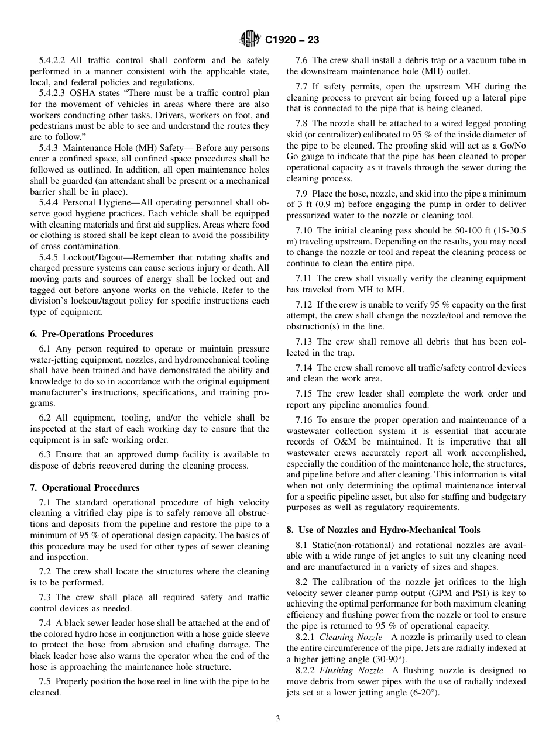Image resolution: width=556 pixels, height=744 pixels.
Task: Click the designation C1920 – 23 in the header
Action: (292, 40)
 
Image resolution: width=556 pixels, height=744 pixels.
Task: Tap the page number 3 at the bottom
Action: (277, 719)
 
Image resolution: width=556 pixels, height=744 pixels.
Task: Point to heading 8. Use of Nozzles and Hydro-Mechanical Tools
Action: (383, 530)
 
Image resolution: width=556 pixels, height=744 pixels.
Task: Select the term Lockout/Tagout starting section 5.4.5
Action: (88, 257)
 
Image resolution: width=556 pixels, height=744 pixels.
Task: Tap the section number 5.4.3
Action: (50, 148)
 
